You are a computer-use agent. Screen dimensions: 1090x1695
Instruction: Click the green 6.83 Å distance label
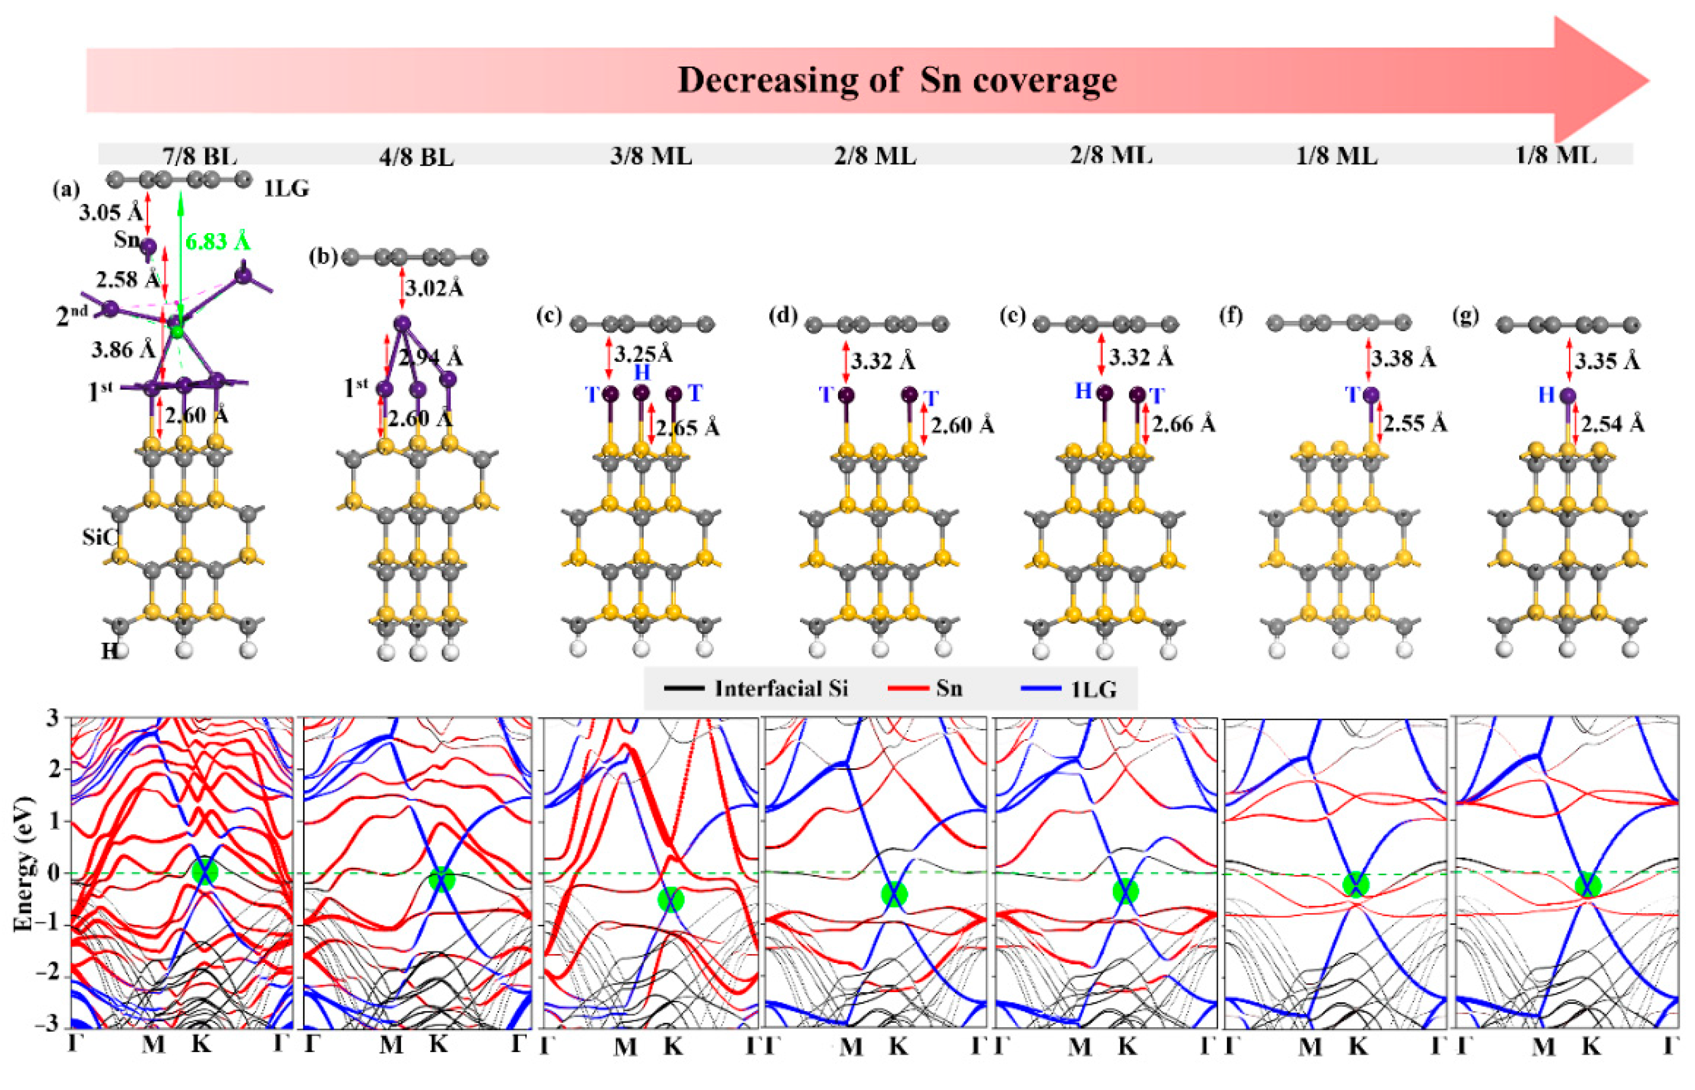click(x=217, y=242)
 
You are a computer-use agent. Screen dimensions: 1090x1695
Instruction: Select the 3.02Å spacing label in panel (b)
click(x=434, y=289)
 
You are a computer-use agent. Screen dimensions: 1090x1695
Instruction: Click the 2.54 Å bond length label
click(x=1612, y=425)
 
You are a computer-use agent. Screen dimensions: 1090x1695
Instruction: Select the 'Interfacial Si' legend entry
click(x=781, y=689)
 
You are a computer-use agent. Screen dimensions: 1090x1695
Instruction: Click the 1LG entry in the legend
click(x=1093, y=689)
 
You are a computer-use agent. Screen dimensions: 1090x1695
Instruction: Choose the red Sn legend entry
click(x=948, y=689)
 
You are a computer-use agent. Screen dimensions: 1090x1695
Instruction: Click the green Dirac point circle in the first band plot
click(x=205, y=871)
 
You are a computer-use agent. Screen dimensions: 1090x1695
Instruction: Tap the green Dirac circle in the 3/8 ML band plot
click(x=670, y=900)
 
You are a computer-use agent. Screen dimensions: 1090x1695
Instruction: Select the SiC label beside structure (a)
click(x=98, y=537)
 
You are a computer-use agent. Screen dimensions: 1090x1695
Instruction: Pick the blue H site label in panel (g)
click(x=1546, y=394)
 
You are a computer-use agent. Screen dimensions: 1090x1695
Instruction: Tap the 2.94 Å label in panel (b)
click(x=431, y=358)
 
